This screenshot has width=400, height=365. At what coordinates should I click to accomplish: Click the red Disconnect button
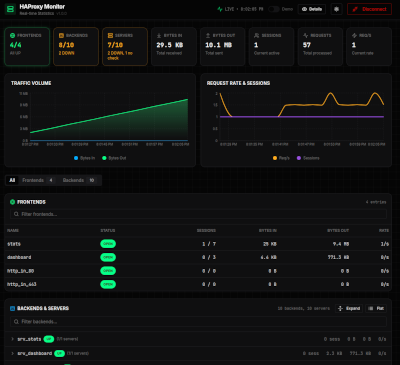[x=370, y=9]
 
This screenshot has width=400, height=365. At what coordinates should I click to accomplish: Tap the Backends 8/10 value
[x=67, y=44]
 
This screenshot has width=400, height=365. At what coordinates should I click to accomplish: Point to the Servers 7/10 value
[x=115, y=44]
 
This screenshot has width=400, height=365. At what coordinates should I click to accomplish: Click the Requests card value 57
[x=308, y=44]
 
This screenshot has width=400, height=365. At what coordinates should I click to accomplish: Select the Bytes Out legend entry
[x=116, y=157]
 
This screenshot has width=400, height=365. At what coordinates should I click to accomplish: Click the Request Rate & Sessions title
[x=237, y=82]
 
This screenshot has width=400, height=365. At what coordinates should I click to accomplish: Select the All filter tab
[x=12, y=180]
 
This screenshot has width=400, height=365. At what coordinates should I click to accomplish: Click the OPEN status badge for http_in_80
[x=107, y=270]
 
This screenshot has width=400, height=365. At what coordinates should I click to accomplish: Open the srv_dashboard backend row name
[x=36, y=352]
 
